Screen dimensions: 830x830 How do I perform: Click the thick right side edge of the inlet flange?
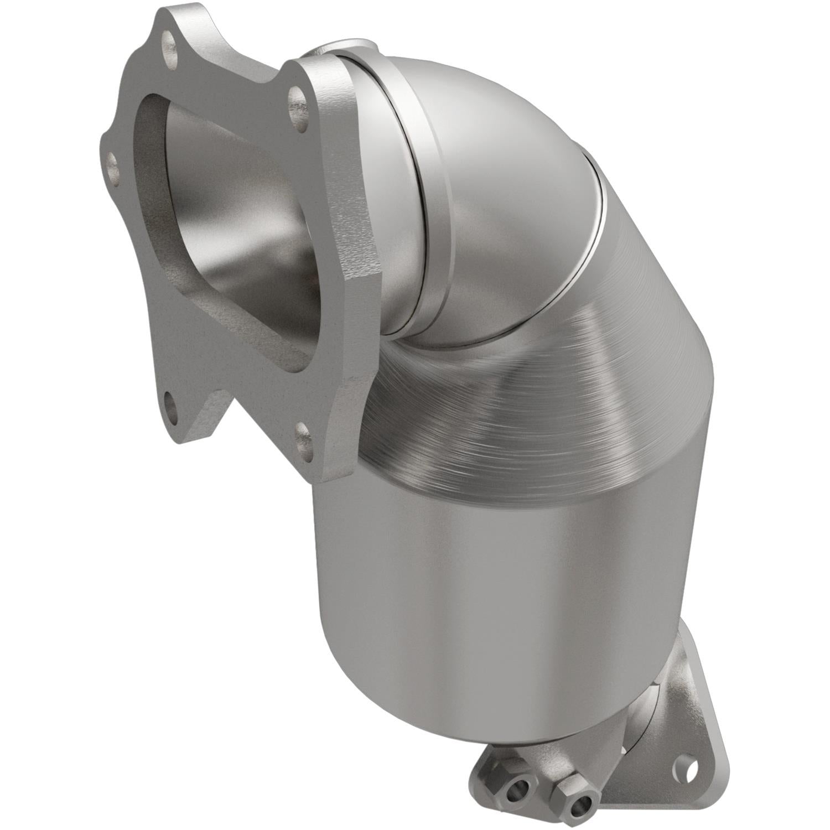354,277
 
